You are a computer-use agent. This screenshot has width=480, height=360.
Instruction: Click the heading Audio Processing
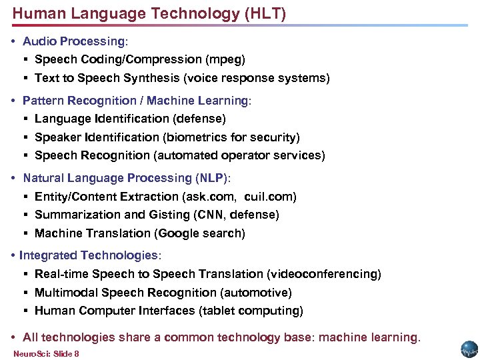point(74,41)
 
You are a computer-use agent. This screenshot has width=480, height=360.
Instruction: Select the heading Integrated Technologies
point(89,255)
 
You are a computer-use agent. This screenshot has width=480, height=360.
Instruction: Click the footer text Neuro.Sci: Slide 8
point(46,353)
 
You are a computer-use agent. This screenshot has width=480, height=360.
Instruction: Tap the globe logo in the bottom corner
point(469,349)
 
